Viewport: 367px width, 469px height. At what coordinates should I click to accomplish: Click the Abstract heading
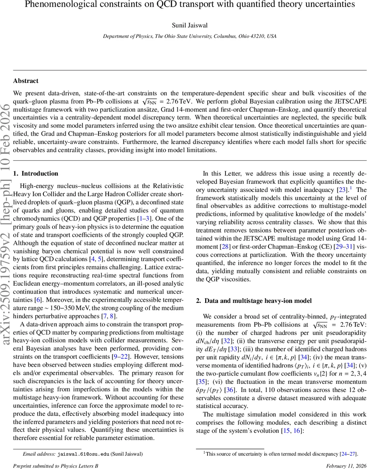tap(26, 81)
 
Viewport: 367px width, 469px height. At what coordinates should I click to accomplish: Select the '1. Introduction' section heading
tap(36, 174)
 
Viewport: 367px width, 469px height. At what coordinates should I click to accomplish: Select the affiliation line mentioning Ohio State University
tap(190, 36)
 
